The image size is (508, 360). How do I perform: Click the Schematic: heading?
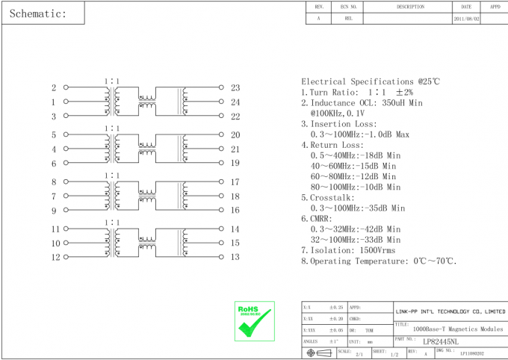pyautogui.click(x=39, y=13)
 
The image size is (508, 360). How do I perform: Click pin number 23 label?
pyautogui.click(x=235, y=87)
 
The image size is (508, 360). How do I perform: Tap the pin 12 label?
pyautogui.click(x=55, y=258)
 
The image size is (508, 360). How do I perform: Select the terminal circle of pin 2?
pyautogui.click(x=66, y=87)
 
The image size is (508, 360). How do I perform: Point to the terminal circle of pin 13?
pyautogui.click(x=222, y=257)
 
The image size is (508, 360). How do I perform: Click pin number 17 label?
pyautogui.click(x=235, y=182)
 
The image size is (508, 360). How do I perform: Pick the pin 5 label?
pyautogui.click(x=54, y=135)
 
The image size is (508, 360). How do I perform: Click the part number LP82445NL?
pyautogui.click(x=440, y=341)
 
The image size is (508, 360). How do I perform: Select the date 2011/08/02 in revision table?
pyautogui.click(x=467, y=19)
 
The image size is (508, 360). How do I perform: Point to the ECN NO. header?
pyautogui.click(x=349, y=7)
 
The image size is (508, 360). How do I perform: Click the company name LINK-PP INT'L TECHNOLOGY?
pyautogui.click(x=450, y=311)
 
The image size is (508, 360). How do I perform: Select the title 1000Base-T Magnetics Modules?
pyautogui.click(x=458, y=329)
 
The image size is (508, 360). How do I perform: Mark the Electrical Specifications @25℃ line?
pyautogui.click(x=371, y=81)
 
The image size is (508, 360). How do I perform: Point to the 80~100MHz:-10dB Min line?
pyautogui.click(x=355, y=187)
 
